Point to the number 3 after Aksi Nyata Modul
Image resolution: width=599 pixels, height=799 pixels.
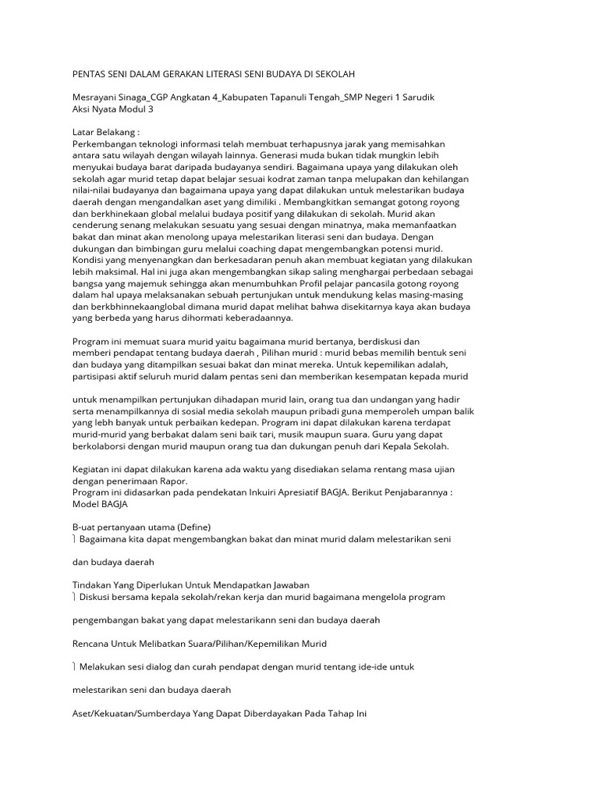coord(151,109)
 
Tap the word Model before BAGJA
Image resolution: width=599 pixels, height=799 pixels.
coord(87,505)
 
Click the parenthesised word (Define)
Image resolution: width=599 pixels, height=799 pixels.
coord(192,527)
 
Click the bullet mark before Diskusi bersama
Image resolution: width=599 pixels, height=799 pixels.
coord(74,597)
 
